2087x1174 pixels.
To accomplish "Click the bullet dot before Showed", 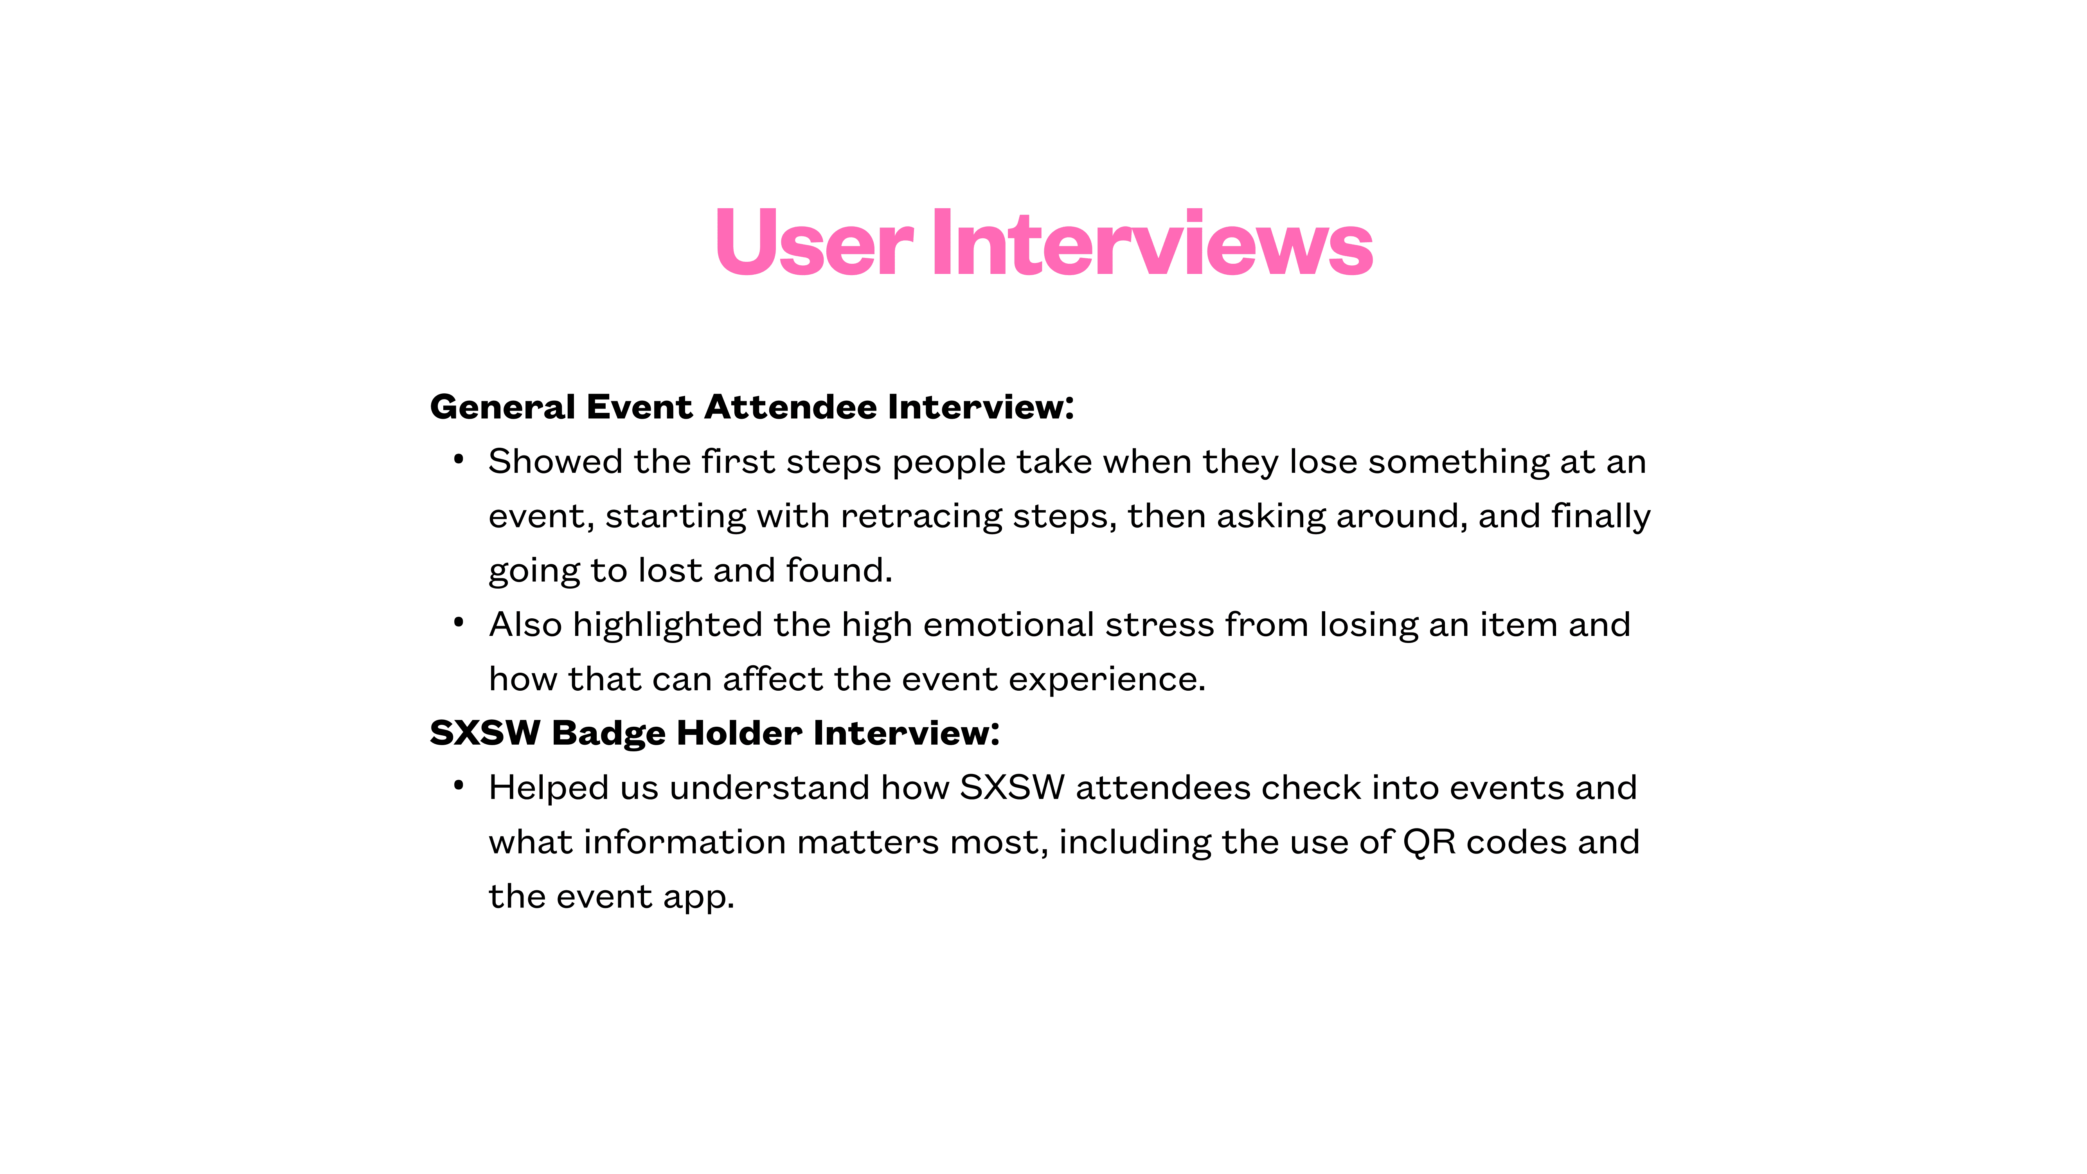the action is point(459,459).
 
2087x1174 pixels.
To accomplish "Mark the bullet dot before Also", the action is point(459,622).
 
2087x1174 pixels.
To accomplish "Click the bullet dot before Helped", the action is point(459,785).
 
